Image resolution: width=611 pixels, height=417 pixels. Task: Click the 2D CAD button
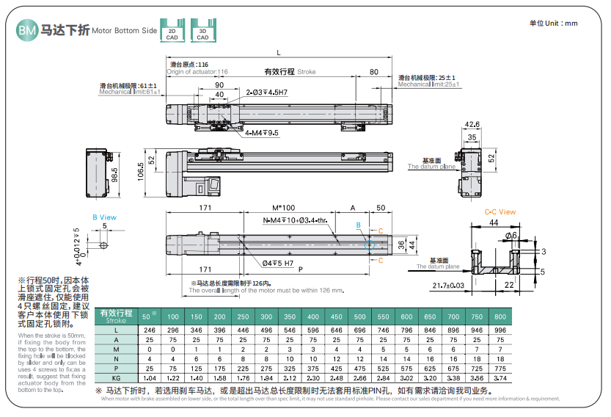point(172,33)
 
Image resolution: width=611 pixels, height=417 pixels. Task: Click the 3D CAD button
point(202,33)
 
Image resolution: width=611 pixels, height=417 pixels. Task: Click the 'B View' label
point(104,217)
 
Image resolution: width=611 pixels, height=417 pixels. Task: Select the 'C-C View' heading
point(500,212)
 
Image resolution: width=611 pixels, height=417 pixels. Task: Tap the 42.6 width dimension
point(473,124)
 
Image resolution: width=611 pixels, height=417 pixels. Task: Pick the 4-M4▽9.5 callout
point(261,133)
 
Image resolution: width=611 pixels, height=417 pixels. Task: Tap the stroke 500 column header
point(359,316)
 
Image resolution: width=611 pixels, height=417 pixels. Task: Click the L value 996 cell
point(500,330)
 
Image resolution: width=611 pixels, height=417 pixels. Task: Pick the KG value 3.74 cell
point(500,377)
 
